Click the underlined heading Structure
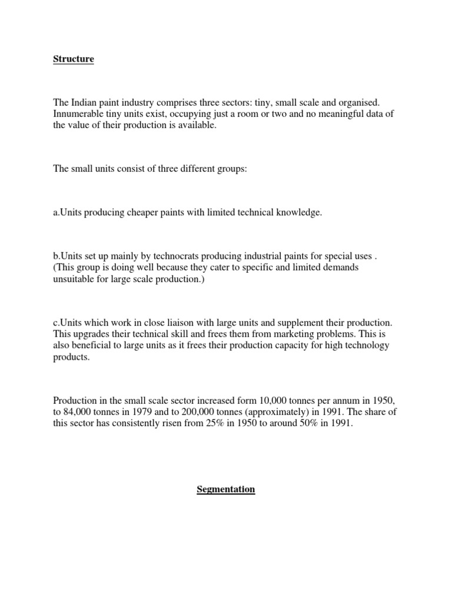coord(74,59)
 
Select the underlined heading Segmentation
coord(225,489)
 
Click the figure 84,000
coord(79,412)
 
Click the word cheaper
coord(143,213)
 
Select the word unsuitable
coord(74,279)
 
